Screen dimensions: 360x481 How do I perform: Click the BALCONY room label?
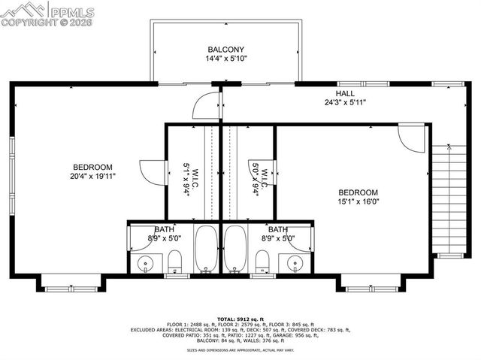pyautogui.click(x=226, y=50)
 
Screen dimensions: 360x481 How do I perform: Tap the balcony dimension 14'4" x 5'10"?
pyautogui.click(x=226, y=59)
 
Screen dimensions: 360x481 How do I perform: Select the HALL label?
pyautogui.click(x=345, y=93)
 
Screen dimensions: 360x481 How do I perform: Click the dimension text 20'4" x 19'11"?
pyautogui.click(x=92, y=176)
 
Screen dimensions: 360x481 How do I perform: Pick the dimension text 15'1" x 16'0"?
pyautogui.click(x=357, y=201)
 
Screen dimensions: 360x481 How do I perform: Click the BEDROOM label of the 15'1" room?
pyautogui.click(x=357, y=192)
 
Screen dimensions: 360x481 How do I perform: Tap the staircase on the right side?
pyautogui.click(x=446, y=199)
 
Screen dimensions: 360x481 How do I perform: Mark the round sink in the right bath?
pyautogui.click(x=294, y=263)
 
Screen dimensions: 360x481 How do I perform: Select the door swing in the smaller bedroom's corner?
pyautogui.click(x=412, y=138)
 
